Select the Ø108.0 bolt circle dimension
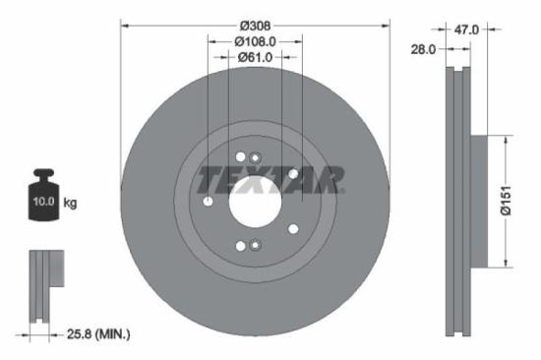pyautogui.click(x=255, y=41)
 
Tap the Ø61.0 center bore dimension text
pyautogui.click(x=255, y=58)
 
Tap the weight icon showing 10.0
pyautogui.click(x=42, y=198)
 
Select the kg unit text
pyautogui.click(x=70, y=203)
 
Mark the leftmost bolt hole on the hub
pyautogui.click(x=209, y=201)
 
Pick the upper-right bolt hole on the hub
pyautogui.click(x=293, y=174)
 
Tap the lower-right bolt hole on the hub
pyautogui.click(x=293, y=228)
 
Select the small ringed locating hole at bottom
pyautogui.click(x=255, y=246)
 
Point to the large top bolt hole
pyautogui.click(x=241, y=156)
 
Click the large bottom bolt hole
pyautogui.click(x=241, y=245)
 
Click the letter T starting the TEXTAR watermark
pyautogui.click(x=210, y=179)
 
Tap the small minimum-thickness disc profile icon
pyautogui.click(x=42, y=285)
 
